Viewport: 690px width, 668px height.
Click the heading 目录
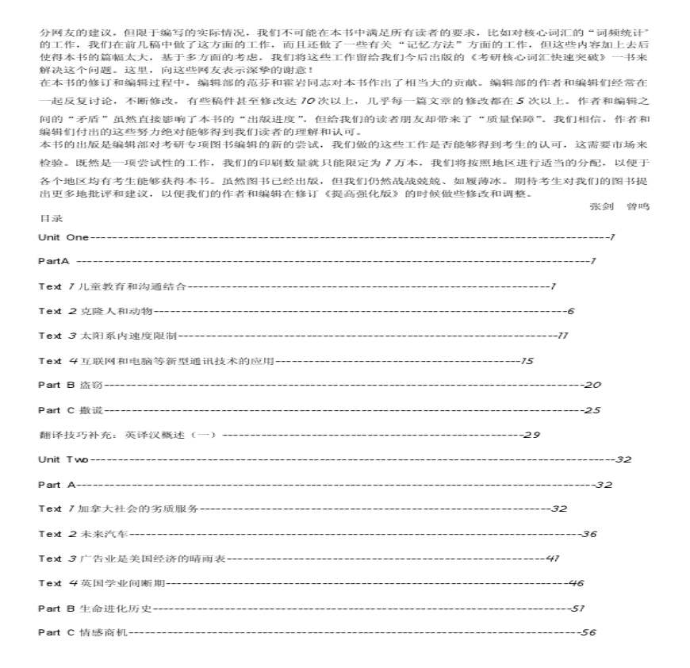[50, 217]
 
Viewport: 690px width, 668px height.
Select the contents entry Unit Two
[63, 459]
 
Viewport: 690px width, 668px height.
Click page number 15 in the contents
[527, 361]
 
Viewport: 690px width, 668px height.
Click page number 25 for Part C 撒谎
[592, 410]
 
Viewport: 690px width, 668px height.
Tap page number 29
[532, 435]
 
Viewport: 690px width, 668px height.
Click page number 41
[553, 559]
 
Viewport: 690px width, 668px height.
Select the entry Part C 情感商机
[82, 632]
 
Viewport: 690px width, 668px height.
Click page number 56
[588, 632]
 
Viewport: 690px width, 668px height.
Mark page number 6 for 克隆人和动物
[570, 311]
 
